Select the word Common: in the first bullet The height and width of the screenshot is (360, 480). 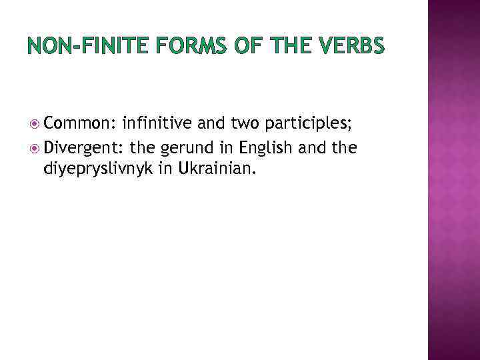pos(81,123)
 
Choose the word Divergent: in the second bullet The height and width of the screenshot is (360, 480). pos(85,146)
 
